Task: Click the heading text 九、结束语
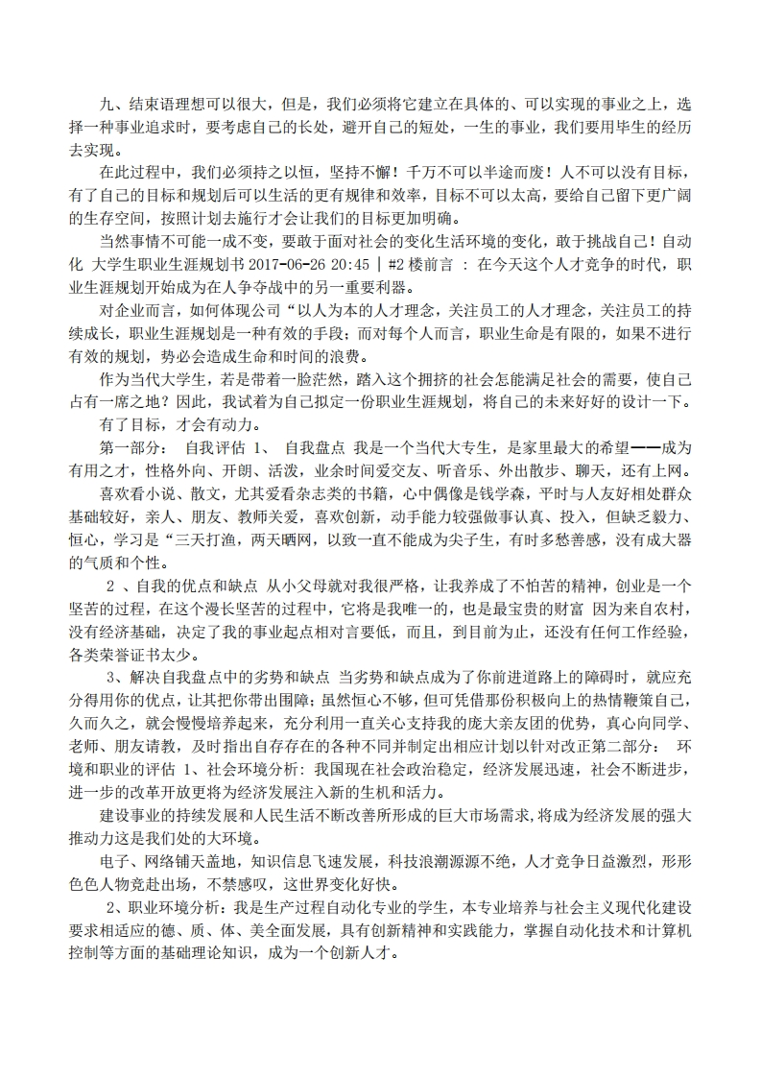(x=133, y=103)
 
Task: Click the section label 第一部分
(x=131, y=448)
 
